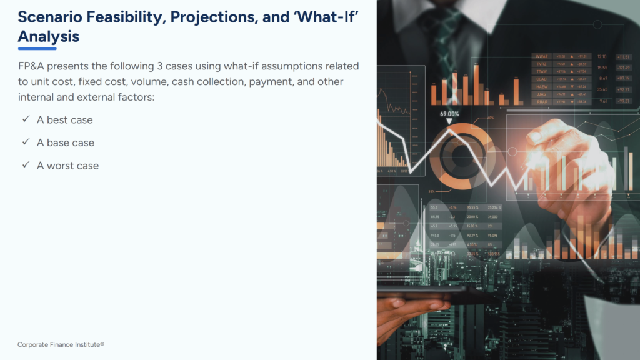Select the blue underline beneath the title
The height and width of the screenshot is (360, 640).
pos(37,49)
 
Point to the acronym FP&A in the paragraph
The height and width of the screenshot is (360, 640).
pos(32,66)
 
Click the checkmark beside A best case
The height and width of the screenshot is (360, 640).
pos(26,119)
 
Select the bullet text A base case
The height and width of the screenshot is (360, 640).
pos(66,142)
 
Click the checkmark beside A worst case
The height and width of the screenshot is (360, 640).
pos(26,166)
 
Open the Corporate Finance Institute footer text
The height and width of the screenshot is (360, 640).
pos(61,344)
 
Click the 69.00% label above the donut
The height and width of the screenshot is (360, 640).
pos(449,114)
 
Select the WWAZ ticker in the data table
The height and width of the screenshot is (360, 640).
pos(541,57)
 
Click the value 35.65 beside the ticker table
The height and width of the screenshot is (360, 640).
pos(602,90)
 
